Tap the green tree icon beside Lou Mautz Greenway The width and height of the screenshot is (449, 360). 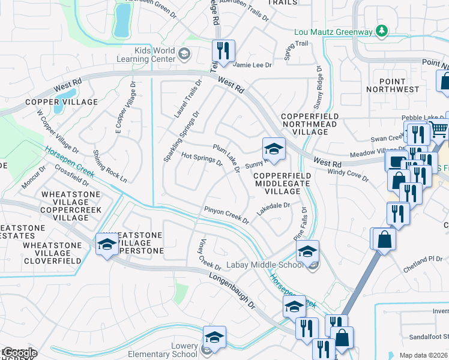click(381, 31)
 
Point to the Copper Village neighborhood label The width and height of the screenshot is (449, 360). click(61, 103)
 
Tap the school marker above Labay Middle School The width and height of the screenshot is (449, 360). click(307, 252)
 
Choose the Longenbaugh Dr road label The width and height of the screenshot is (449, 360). click(232, 291)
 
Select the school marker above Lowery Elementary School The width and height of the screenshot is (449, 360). click(214, 338)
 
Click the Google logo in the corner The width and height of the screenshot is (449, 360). click(19, 353)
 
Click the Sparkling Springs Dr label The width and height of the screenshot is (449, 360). click(181, 136)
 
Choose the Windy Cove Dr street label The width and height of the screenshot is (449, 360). click(348, 175)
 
